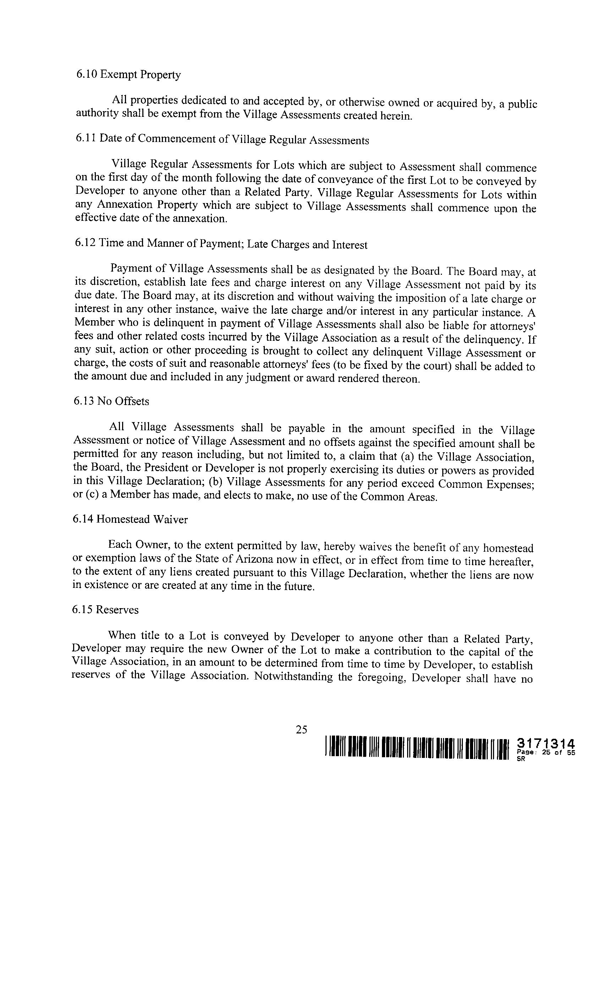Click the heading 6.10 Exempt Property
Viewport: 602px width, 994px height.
click(128, 75)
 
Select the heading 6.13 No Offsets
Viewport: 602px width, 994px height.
click(111, 401)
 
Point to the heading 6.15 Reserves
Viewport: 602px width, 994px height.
click(105, 610)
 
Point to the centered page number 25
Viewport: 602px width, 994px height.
click(301, 730)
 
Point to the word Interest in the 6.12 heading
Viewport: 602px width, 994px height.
click(349, 245)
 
